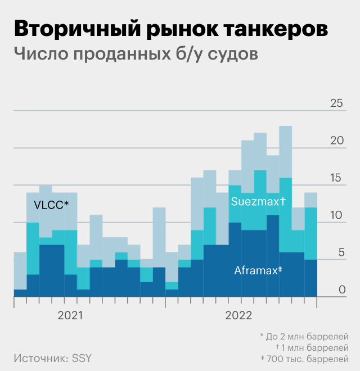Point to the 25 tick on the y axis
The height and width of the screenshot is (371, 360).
coord(336,104)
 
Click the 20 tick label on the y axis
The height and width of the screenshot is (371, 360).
coord(336,141)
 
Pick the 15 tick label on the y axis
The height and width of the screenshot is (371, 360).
coord(336,178)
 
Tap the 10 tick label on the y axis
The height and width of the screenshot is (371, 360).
coord(336,215)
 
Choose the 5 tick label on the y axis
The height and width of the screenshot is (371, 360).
coord(340,252)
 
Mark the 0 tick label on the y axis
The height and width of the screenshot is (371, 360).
coord(340,289)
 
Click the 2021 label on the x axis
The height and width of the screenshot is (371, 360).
coord(70,315)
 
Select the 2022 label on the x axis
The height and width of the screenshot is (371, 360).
coord(238,315)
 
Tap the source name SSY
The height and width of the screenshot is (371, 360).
coord(82,358)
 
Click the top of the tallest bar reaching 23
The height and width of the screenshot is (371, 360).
coord(285,126)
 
